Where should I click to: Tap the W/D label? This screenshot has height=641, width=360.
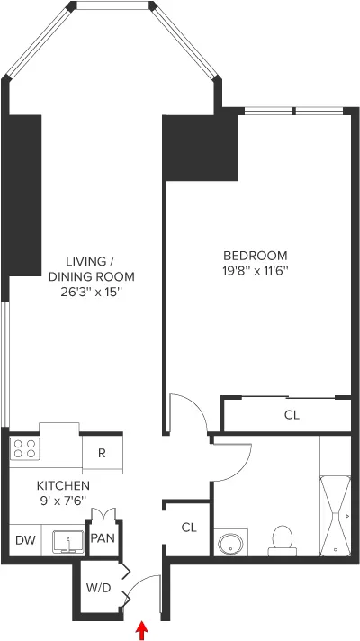click(98, 588)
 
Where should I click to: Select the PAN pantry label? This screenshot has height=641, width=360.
click(102, 541)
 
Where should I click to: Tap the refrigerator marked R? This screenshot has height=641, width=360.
click(102, 454)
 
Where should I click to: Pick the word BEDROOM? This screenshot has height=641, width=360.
click(255, 255)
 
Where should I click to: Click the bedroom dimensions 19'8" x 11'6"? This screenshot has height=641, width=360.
click(255, 270)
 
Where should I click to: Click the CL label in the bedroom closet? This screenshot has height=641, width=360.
click(291, 415)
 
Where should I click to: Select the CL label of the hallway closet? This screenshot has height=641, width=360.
click(188, 528)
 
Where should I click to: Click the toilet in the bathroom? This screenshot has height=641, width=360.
click(282, 540)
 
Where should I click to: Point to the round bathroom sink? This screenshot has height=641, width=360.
click(229, 545)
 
